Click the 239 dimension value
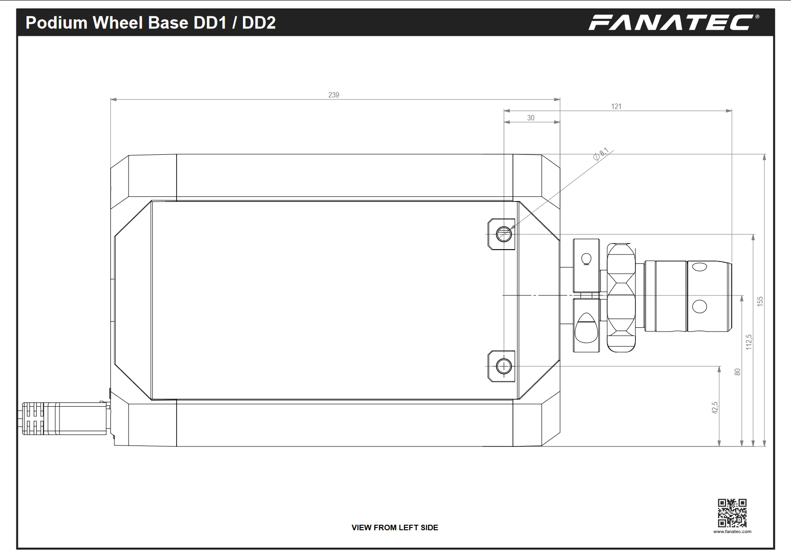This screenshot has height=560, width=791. point(334,95)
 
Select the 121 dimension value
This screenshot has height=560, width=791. point(616,106)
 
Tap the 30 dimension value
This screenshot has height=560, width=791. point(531,118)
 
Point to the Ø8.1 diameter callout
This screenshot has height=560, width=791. point(601,154)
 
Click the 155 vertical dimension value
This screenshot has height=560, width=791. point(760,301)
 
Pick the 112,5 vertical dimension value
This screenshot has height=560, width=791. point(749,342)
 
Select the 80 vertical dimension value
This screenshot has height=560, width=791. point(737,372)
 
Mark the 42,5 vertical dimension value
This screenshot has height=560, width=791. point(715,408)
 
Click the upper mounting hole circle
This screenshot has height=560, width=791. point(503,234)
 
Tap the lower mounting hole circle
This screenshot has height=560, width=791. point(504,366)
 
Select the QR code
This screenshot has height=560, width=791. point(732,513)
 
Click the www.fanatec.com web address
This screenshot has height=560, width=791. point(732,532)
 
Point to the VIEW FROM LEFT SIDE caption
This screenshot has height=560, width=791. point(395,527)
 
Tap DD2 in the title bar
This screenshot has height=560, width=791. point(259,22)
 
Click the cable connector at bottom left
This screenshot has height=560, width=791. point(64,419)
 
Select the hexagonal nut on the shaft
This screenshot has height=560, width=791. point(621,298)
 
